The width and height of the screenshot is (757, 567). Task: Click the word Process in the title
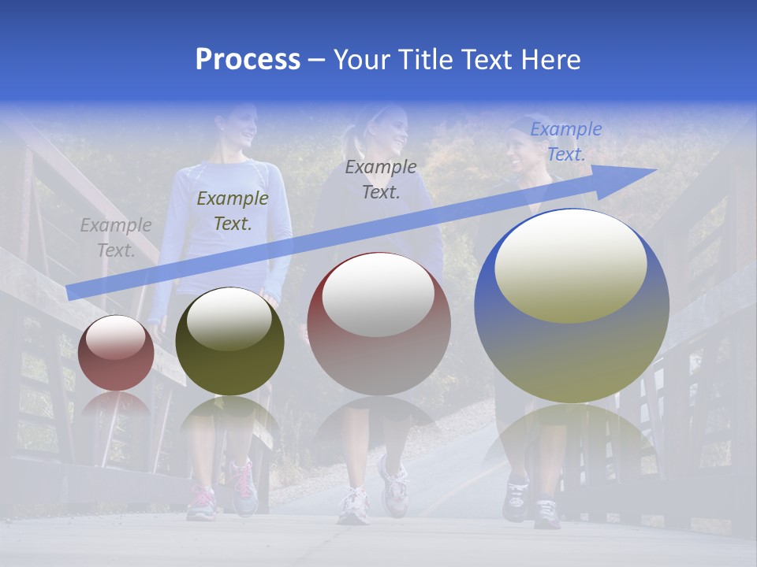tap(248, 60)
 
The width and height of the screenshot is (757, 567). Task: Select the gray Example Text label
tap(115, 238)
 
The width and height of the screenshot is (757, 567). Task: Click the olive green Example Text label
tap(232, 211)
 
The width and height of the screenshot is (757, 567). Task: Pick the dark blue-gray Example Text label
tap(381, 180)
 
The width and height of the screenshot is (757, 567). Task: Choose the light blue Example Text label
tap(565, 142)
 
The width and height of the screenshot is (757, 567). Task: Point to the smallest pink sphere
tap(116, 353)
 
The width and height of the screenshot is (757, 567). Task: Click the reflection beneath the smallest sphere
tap(116, 406)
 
